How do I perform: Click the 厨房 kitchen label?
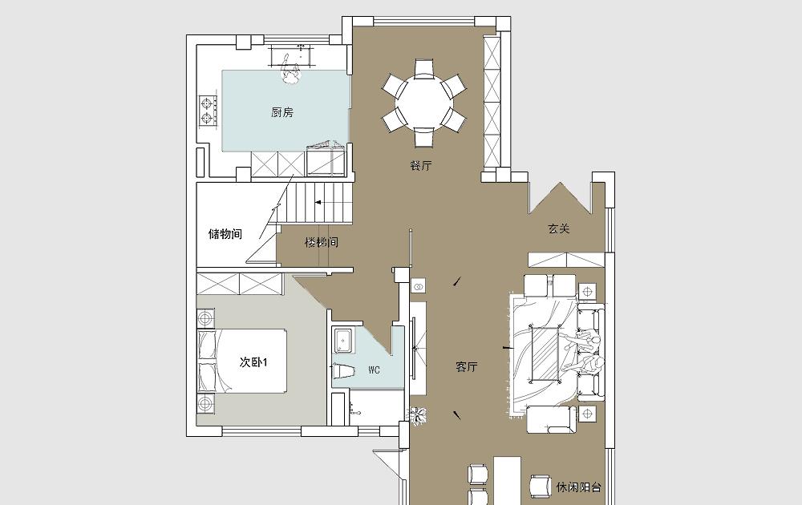282,112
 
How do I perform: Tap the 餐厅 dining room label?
421,166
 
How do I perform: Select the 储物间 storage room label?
225,234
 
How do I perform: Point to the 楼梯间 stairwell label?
322,242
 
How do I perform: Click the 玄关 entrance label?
558,228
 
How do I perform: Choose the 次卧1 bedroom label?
253,362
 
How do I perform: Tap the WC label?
374,370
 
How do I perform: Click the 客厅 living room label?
467,367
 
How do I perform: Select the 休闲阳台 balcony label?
578,487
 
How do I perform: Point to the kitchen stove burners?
207,111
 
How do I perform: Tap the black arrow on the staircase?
318,203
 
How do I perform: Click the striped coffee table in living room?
546,354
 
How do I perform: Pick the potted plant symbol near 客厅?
419,414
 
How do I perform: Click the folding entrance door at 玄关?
561,197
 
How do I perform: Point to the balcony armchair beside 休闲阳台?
540,486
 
